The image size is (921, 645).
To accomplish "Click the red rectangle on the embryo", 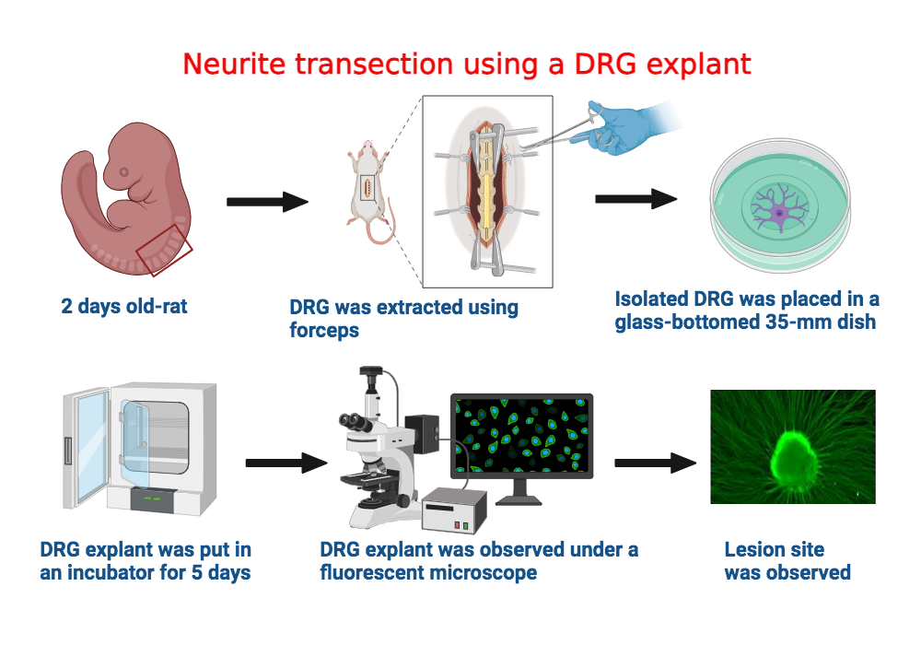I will tap(164, 246).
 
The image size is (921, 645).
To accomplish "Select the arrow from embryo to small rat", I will tap(266, 202).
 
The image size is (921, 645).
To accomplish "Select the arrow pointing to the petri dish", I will tap(635, 198).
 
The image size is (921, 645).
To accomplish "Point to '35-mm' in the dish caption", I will tap(786, 322).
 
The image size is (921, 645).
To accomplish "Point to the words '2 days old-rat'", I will tap(124, 306).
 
